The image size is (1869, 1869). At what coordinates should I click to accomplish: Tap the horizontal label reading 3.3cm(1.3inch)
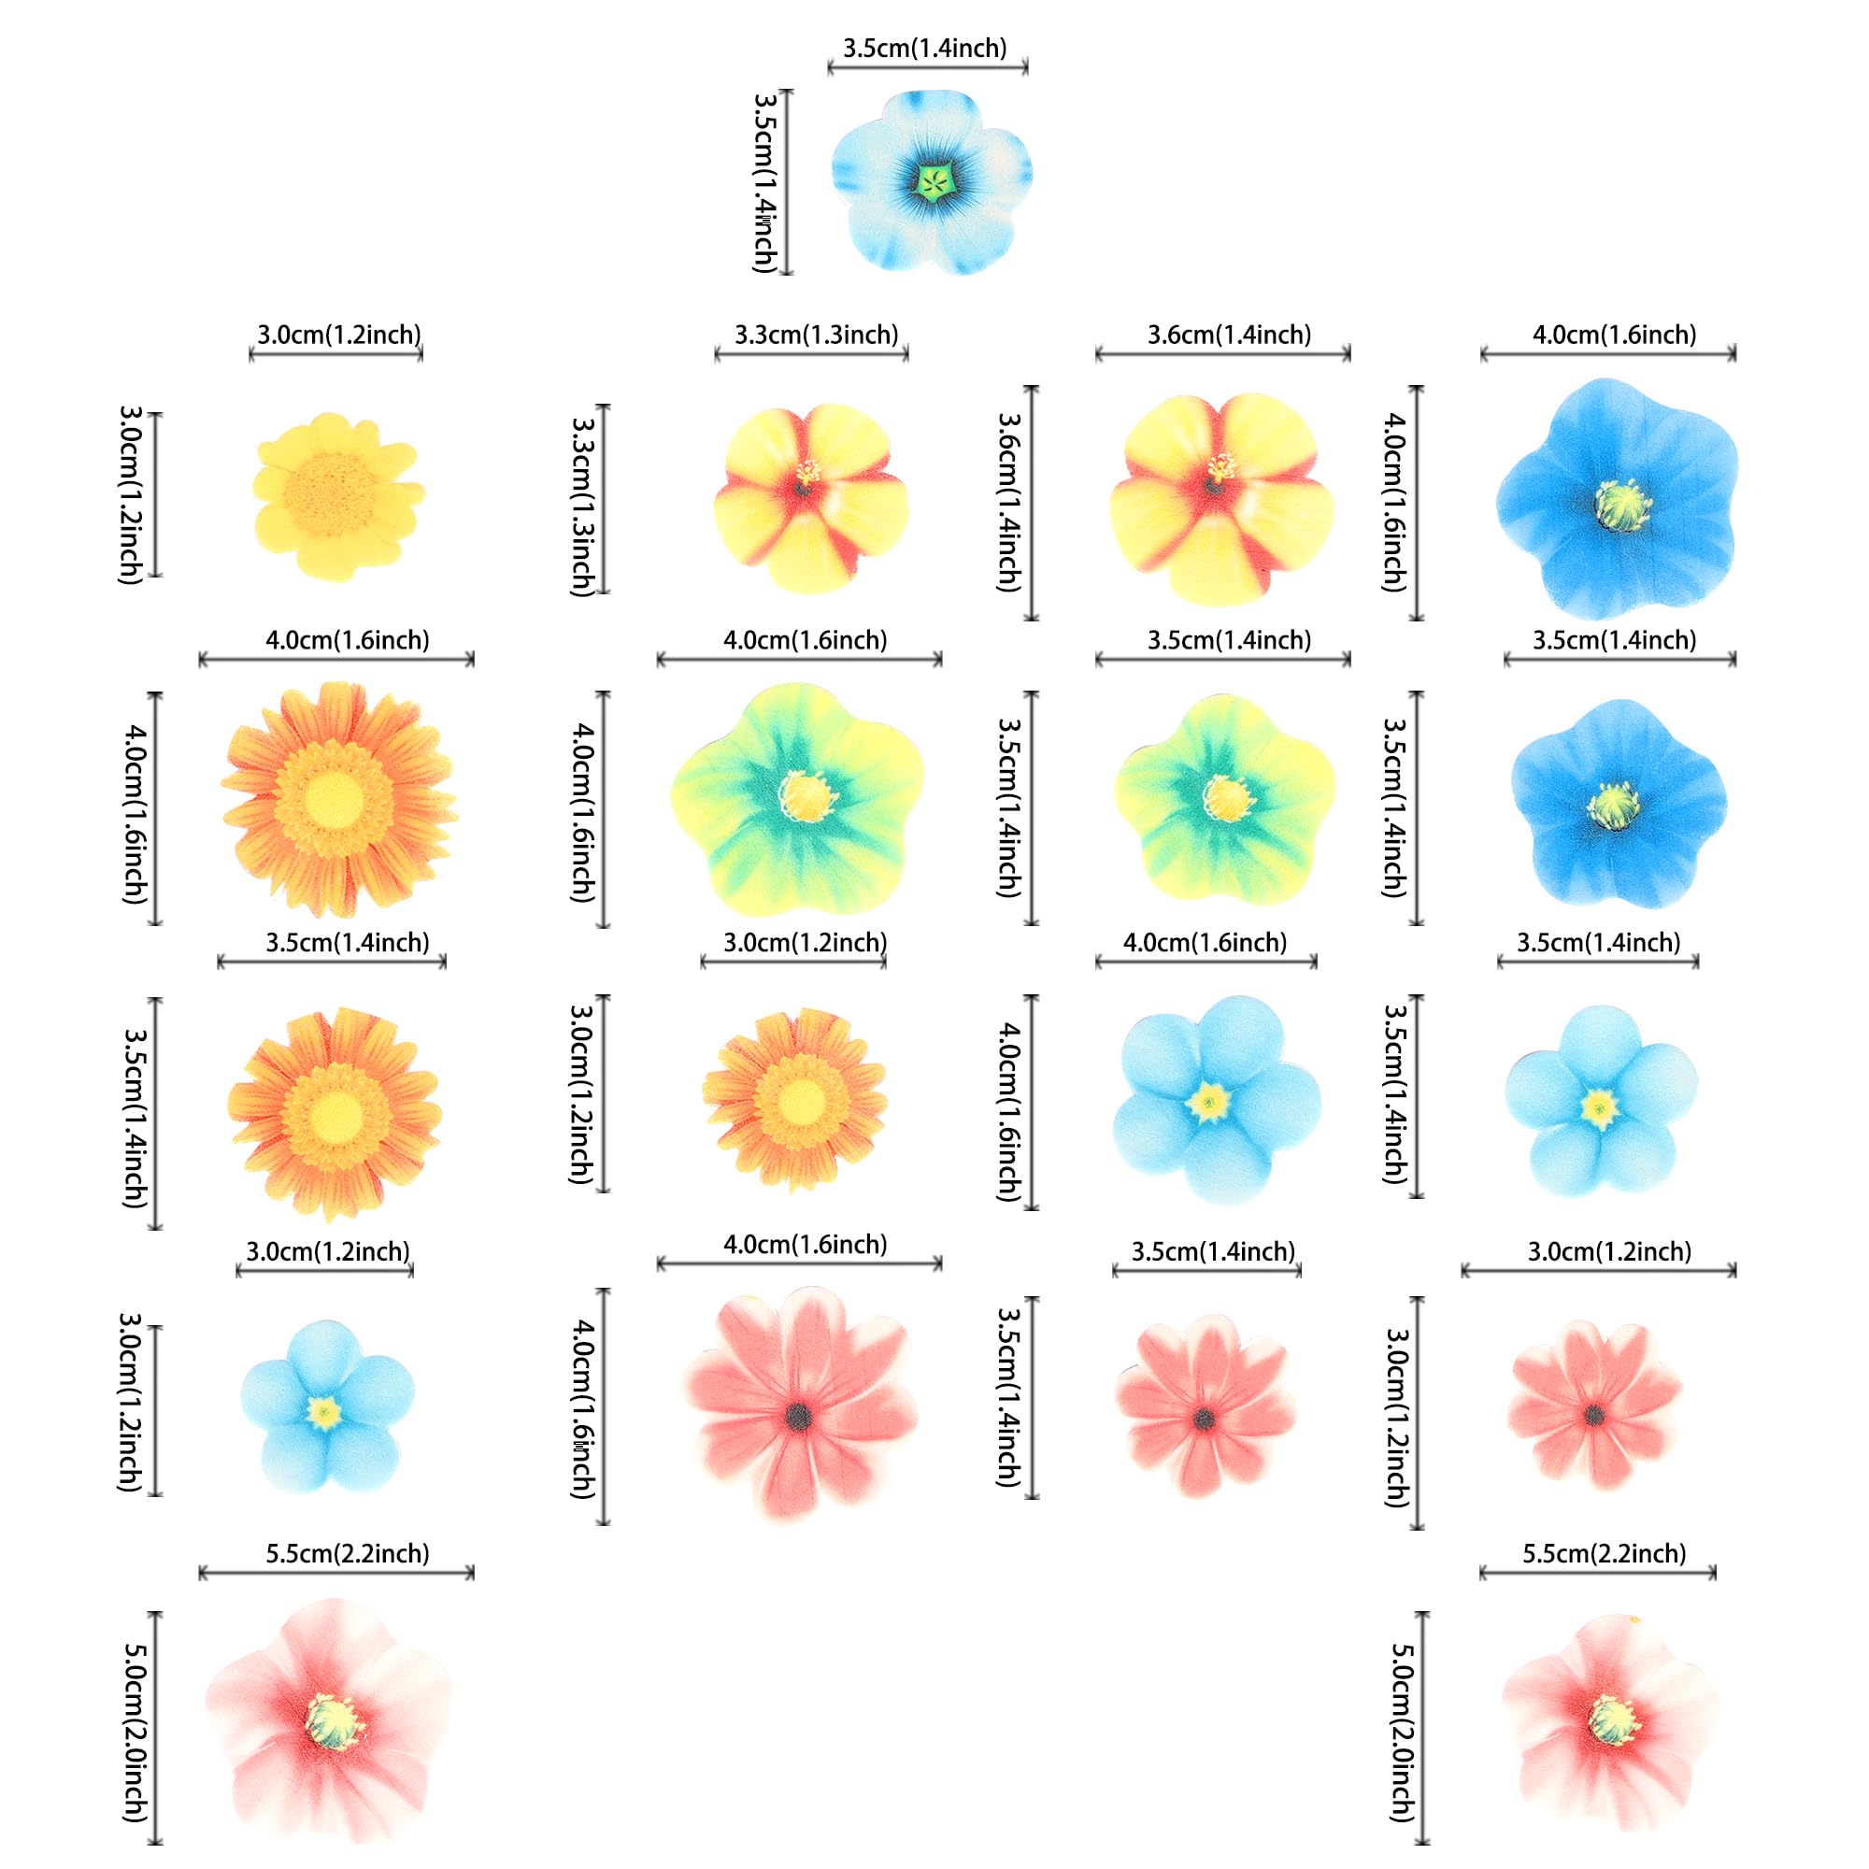[x=816, y=335]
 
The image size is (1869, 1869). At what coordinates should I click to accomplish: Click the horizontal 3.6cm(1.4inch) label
[x=1229, y=335]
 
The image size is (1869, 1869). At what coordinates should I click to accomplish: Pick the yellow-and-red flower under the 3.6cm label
[x=1220, y=498]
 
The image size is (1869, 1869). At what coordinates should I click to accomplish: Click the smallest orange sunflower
[x=796, y=1100]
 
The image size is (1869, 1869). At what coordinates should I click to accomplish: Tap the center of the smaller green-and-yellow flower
[x=1226, y=798]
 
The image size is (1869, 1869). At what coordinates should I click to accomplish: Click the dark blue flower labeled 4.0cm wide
[x=1618, y=500]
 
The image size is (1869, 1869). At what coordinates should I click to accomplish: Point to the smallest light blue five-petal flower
[x=326, y=1412]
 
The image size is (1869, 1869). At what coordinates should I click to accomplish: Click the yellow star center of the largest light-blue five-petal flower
[x=1209, y=1102]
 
